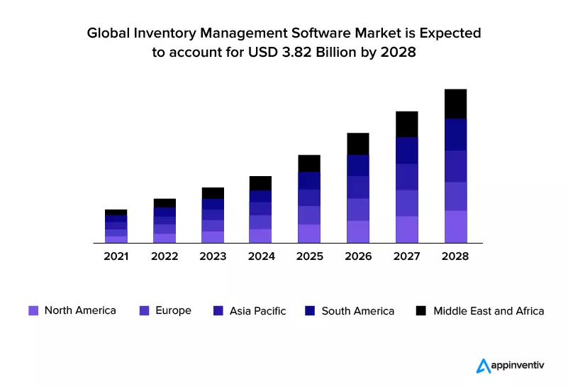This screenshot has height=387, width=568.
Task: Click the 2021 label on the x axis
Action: [116, 256]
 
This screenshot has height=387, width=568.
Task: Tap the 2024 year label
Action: [261, 256]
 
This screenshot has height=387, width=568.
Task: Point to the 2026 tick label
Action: [358, 256]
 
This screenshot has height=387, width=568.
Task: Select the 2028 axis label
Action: [455, 256]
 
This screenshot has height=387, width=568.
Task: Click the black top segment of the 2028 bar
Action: [455, 104]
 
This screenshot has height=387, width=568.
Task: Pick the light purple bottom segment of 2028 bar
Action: [455, 227]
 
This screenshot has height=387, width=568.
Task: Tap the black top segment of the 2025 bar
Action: [310, 163]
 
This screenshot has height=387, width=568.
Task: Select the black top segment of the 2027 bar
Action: [407, 124]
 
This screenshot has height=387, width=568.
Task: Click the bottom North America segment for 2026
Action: [358, 231]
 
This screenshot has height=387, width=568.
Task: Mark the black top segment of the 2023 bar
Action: [213, 193]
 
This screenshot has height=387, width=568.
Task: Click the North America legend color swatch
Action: [33, 310]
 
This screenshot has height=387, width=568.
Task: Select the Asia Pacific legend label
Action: [257, 310]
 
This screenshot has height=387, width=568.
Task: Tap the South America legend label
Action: [357, 310]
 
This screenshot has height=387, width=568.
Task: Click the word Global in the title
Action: [108, 33]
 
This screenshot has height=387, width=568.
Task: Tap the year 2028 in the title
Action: [399, 52]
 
